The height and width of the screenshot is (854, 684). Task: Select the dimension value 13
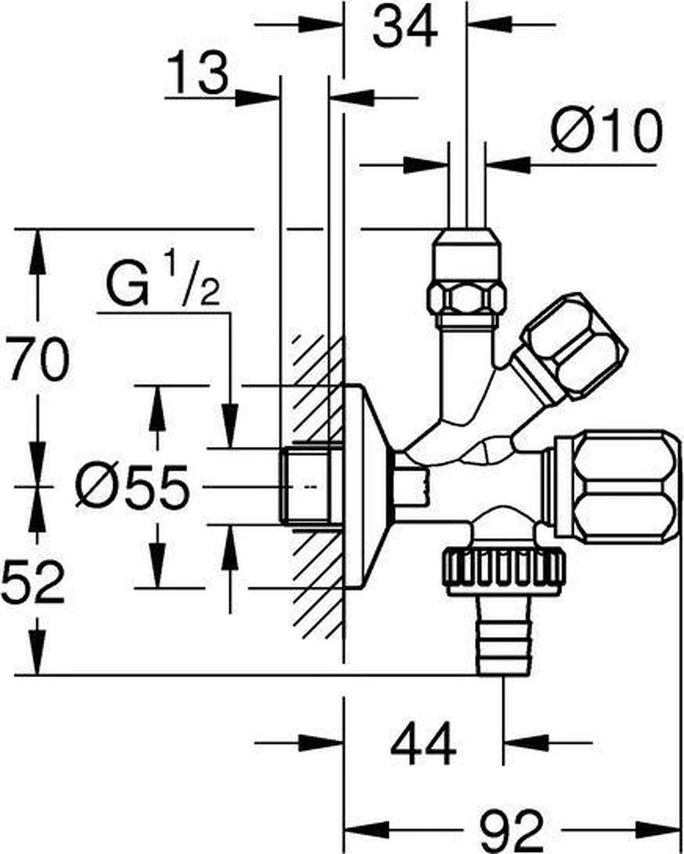pyautogui.click(x=199, y=74)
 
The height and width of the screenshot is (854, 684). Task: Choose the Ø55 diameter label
pyautogui.click(x=133, y=488)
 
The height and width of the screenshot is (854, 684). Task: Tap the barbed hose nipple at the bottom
pyautogui.click(x=503, y=636)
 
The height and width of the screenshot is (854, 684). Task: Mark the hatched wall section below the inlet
pyautogui.click(x=314, y=584)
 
